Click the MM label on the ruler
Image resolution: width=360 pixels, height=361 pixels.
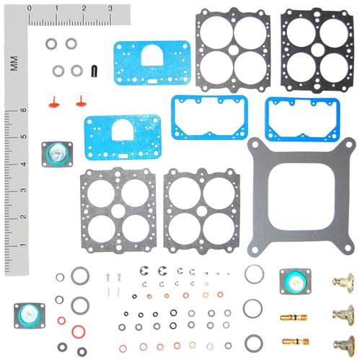pos(14,64)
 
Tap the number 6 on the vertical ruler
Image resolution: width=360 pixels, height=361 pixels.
pos(23,110)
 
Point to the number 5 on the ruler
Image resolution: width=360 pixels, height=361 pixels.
pos(23,136)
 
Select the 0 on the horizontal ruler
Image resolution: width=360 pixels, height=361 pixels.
pos(30,8)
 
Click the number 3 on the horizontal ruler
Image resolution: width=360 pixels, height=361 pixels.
pos(110,8)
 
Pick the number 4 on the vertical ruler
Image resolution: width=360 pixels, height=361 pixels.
pos(23,165)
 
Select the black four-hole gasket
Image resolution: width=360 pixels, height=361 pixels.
pos(317,50)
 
